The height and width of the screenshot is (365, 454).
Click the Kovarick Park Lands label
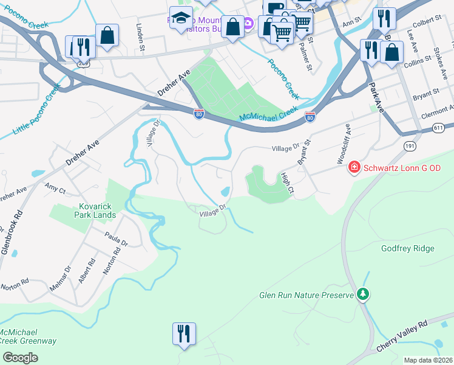pyautogui.click(x=95, y=210)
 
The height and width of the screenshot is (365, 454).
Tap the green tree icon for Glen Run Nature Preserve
pyautogui.click(x=363, y=294)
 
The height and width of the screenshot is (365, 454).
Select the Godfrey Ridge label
pyautogui.click(x=407, y=248)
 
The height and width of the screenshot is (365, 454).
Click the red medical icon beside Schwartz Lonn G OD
pyautogui.click(x=354, y=167)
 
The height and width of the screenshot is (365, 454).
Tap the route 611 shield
pyautogui.click(x=439, y=128)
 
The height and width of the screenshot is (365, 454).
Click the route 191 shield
pyautogui.click(x=409, y=146)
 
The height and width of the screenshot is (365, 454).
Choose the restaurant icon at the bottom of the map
pyautogui.click(x=183, y=334)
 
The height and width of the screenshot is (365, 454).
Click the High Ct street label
pyautogui.click(x=287, y=183)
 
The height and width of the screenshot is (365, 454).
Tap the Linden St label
pyautogui.click(x=141, y=37)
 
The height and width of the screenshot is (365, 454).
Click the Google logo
pyautogui.click(x=20, y=357)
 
